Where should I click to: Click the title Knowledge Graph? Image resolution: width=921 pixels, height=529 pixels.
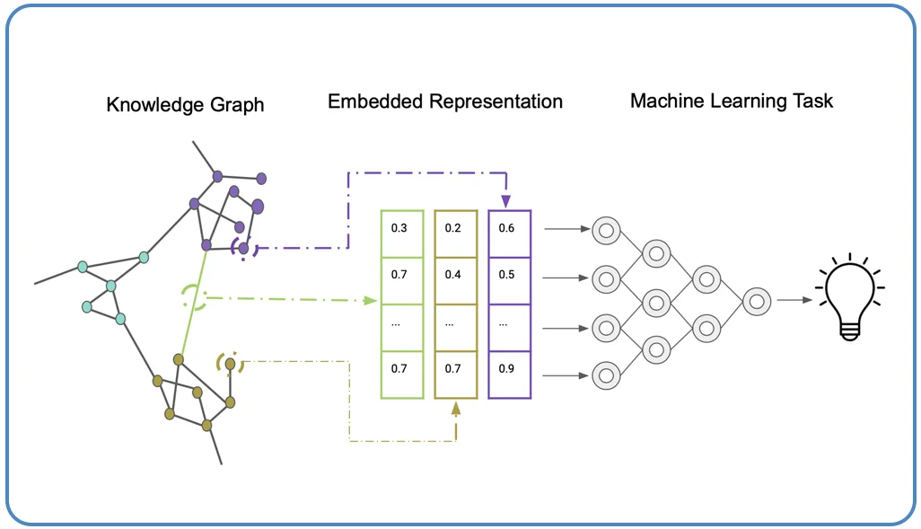pyautogui.click(x=185, y=105)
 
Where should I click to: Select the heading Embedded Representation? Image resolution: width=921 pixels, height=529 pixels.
pyautogui.click(x=444, y=101)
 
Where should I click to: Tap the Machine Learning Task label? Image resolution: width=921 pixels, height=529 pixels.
pyautogui.click(x=732, y=100)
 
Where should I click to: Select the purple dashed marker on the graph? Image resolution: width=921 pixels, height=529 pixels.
pyautogui.click(x=244, y=247)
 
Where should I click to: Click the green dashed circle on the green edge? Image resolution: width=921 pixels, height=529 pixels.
pyautogui.click(x=194, y=296)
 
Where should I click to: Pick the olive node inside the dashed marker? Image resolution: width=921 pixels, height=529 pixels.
pyautogui.click(x=231, y=364)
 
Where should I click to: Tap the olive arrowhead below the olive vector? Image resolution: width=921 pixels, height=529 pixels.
pyautogui.click(x=456, y=409)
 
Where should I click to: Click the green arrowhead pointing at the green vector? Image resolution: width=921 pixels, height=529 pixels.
pyautogui.click(x=370, y=300)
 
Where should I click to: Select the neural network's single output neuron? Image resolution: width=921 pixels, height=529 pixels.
pyautogui.click(x=757, y=301)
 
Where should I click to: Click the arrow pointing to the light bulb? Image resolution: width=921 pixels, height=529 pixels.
pyautogui.click(x=793, y=301)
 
